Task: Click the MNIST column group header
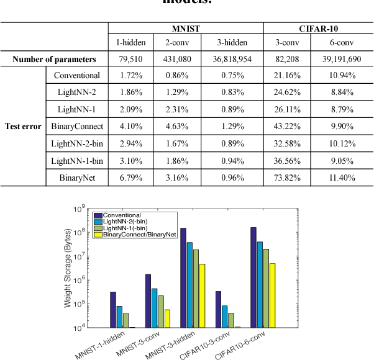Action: (186, 29)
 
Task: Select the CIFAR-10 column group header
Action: (317, 29)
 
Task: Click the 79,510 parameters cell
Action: (127, 60)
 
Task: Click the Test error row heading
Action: (23, 127)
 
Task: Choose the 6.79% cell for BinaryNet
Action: (127, 177)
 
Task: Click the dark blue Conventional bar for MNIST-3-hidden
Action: (183, 277)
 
